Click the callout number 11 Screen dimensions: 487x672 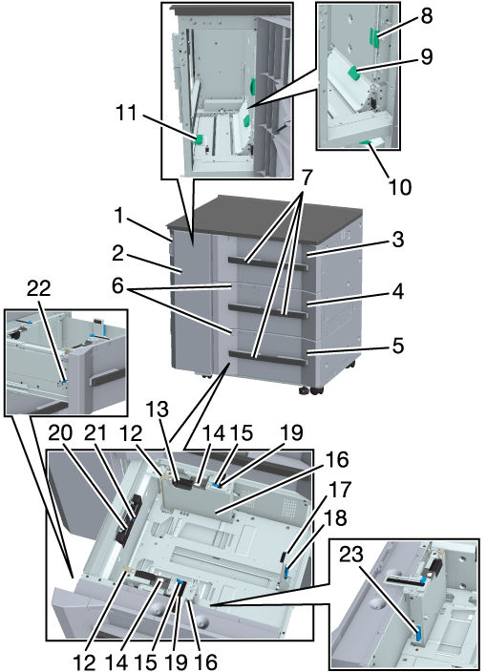(126, 113)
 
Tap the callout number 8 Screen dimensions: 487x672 (426, 15)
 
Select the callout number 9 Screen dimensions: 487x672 (426, 56)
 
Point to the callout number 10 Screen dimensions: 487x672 (399, 186)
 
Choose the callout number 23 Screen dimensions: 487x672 (351, 555)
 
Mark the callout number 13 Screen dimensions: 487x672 (158, 410)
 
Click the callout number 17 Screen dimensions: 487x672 (340, 490)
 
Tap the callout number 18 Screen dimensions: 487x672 (336, 518)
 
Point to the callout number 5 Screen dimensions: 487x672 (398, 346)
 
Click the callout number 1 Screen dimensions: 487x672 (118, 216)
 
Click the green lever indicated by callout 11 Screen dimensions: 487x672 (199, 139)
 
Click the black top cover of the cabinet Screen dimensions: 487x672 (265, 220)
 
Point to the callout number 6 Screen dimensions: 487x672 (118, 286)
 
